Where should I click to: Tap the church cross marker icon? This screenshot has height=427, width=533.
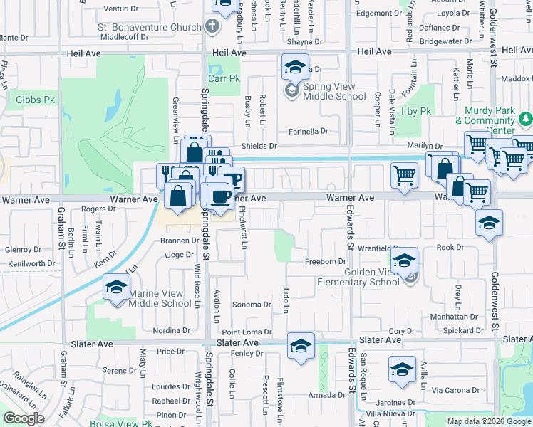pos(211,27)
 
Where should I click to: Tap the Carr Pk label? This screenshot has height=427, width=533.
pos(224,78)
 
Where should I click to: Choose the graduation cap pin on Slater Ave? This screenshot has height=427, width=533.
pos(301,347)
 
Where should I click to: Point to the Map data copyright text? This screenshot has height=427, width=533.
pos(490,421)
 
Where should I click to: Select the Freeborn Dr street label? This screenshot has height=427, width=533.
pos(325,262)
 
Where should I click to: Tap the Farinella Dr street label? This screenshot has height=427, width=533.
pos(308,132)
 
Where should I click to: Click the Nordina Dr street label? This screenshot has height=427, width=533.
pos(171,330)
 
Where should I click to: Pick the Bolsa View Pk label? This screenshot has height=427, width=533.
pos(122,424)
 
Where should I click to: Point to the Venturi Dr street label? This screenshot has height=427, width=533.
pos(120,9)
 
